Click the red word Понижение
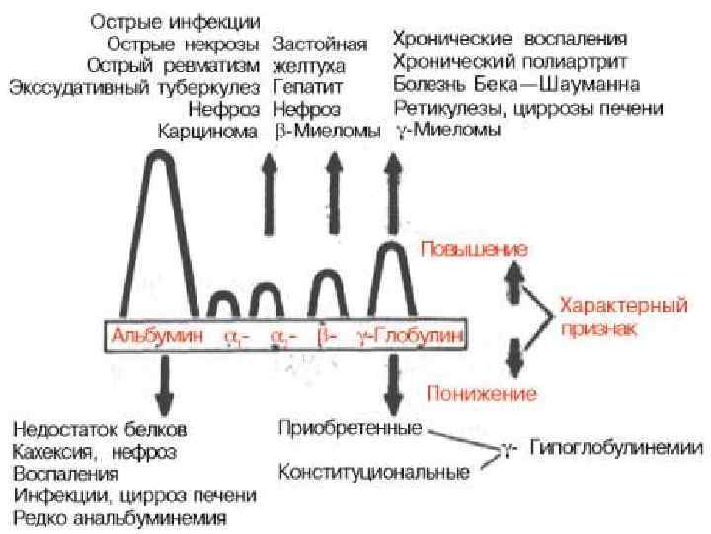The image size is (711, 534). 481,395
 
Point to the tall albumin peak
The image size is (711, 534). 159,198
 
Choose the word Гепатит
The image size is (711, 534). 301,87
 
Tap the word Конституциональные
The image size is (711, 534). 373,472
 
